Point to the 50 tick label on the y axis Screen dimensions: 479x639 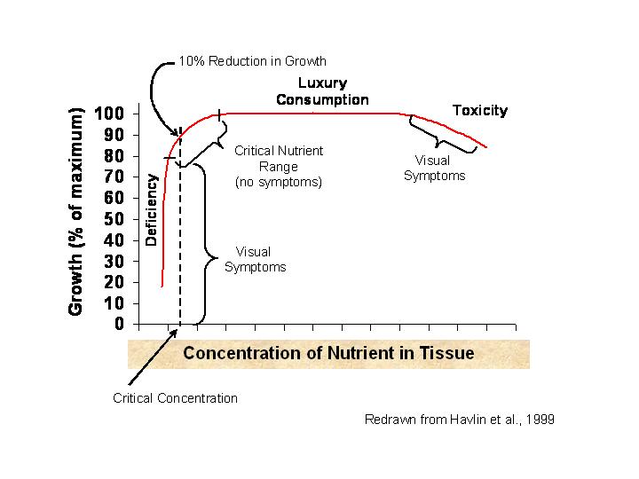(115, 219)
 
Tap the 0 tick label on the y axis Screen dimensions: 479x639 (120, 325)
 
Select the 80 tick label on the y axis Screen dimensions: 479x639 (115, 156)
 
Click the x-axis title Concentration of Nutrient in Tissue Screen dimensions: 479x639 (328, 353)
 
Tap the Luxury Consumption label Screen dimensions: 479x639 (322, 91)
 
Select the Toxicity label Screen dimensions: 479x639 (479, 111)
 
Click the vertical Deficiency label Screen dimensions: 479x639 (152, 209)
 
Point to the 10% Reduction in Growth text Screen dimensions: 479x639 (253, 61)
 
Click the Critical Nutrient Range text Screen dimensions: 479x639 (279, 166)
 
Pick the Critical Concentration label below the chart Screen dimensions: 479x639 (176, 398)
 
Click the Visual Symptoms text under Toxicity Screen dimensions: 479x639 (434, 168)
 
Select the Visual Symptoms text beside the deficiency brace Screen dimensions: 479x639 (255, 259)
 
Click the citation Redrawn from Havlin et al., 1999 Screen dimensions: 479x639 (460, 419)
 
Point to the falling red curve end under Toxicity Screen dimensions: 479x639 (484, 145)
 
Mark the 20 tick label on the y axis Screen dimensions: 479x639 (115, 282)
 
